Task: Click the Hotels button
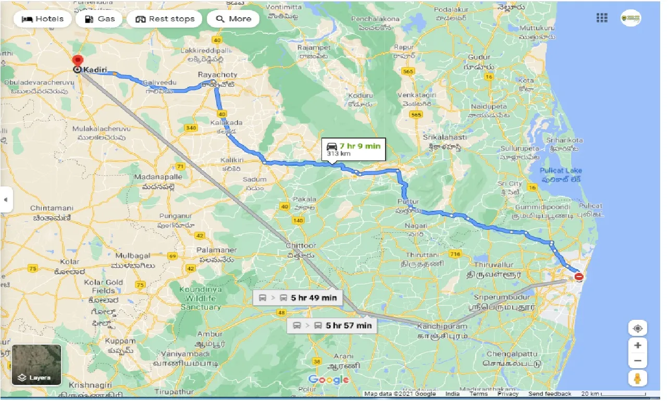[43, 19]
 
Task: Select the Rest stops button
[165, 19]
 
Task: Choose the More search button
[233, 19]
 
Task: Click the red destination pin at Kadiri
[78, 61]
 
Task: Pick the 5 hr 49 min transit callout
[298, 298]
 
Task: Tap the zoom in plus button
[637, 345]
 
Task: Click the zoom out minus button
[637, 361]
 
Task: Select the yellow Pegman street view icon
[637, 379]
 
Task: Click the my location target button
[637, 329]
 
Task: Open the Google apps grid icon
[602, 19]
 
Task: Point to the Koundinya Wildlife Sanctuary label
[200, 298]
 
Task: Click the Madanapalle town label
[158, 177]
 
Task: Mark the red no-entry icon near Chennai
[579, 277]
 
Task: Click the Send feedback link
[550, 394]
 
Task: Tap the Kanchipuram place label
[442, 327]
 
